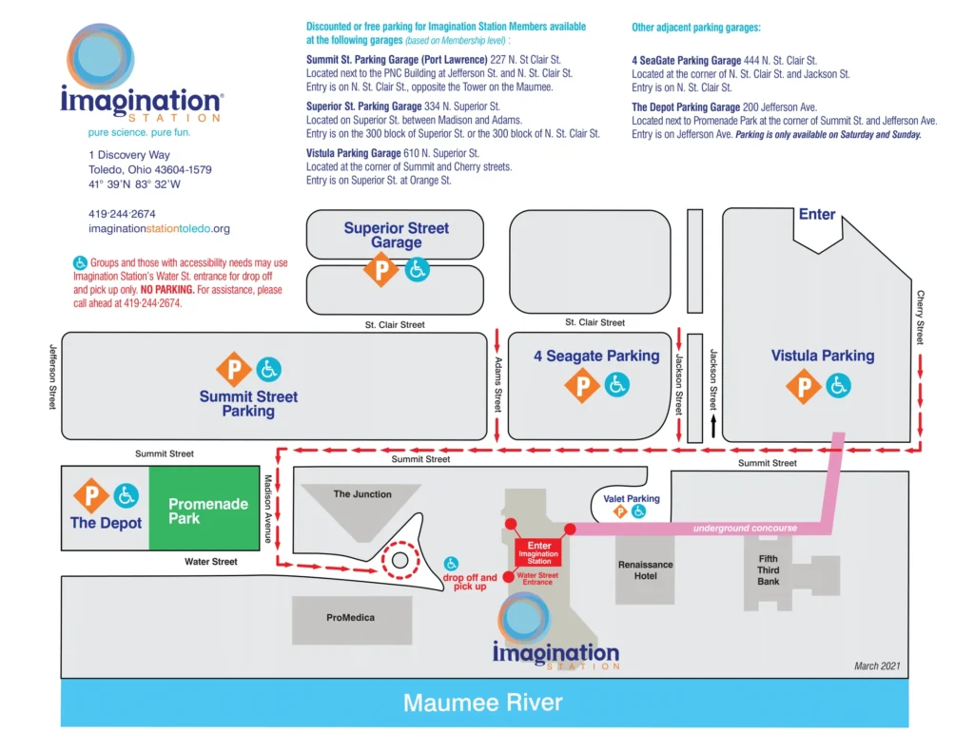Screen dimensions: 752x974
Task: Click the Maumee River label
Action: click(482, 704)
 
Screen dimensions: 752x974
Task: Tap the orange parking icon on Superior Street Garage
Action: click(382, 270)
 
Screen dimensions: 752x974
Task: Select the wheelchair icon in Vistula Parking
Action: click(838, 385)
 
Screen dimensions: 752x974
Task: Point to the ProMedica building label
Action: click(350, 618)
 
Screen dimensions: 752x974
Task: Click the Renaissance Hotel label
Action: click(645, 570)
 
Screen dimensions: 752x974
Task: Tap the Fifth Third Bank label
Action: click(769, 570)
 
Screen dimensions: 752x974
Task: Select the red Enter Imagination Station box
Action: click(538, 552)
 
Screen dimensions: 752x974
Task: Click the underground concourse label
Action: click(745, 529)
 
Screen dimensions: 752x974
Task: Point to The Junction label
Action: click(362, 494)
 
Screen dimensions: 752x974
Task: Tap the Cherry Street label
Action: click(920, 318)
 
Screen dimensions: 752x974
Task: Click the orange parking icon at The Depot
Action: click(92, 495)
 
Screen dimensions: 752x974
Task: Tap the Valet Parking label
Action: click(631, 499)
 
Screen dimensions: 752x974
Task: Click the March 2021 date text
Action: click(876, 666)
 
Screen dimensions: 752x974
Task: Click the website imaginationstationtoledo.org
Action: click(159, 229)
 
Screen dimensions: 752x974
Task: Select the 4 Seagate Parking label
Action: click(595, 357)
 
